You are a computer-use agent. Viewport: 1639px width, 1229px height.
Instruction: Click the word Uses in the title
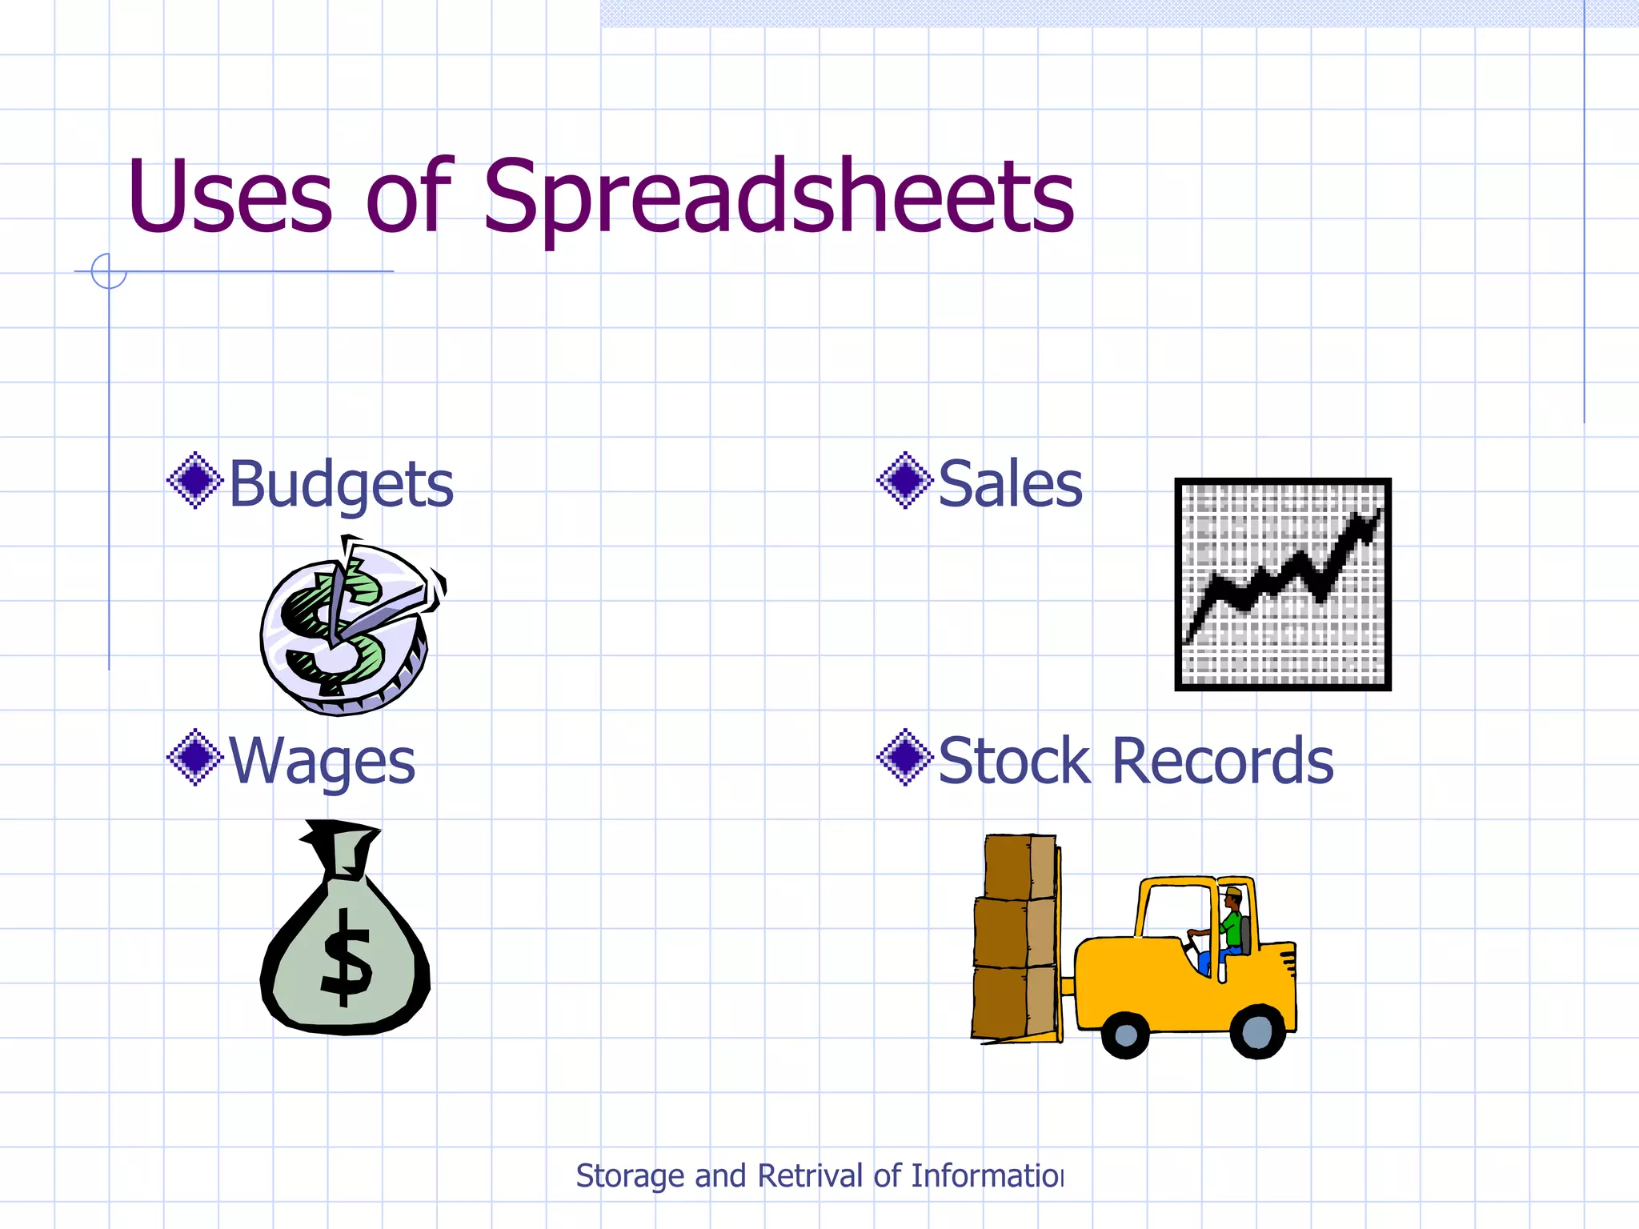click(x=229, y=197)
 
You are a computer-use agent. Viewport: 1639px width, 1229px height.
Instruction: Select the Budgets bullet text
click(x=341, y=485)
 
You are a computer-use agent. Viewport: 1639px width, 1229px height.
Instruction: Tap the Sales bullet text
click(x=1010, y=485)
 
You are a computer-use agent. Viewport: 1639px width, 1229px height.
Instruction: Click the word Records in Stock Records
click(x=1222, y=760)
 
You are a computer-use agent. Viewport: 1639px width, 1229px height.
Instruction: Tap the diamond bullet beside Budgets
click(x=194, y=481)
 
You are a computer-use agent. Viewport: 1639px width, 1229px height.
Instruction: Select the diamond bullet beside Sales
click(x=904, y=481)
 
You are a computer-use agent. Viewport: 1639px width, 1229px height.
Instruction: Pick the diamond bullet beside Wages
click(x=194, y=757)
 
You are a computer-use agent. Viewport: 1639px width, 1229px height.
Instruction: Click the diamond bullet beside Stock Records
click(x=904, y=757)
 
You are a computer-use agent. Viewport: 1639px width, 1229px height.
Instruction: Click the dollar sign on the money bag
click(x=346, y=957)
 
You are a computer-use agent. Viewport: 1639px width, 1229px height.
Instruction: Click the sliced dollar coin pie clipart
click(x=349, y=629)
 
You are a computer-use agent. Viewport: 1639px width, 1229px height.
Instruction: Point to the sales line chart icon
click(x=1282, y=584)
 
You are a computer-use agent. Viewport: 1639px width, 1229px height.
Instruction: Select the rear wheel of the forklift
click(x=1256, y=1031)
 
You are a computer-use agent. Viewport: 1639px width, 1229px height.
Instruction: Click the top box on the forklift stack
click(x=1019, y=866)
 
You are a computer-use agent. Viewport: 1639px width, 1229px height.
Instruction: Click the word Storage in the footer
click(x=631, y=1176)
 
